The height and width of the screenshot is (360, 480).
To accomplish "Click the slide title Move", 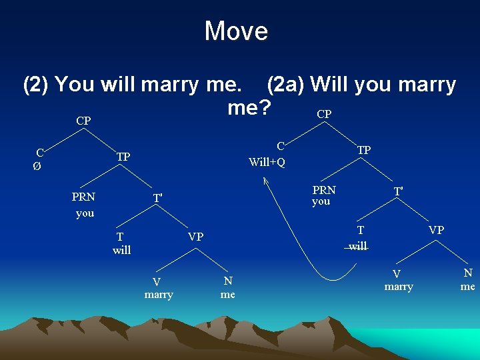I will [x=236, y=31].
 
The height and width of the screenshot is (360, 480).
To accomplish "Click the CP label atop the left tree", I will [x=83, y=121].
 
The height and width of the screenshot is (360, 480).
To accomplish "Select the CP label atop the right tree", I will [x=324, y=114].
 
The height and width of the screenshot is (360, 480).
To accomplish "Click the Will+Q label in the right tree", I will [x=267, y=162].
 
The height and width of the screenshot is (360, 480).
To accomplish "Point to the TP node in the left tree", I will [x=123, y=157].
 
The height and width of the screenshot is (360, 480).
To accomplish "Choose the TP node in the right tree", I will [x=364, y=150].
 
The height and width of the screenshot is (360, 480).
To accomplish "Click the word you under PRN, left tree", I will [x=85, y=213].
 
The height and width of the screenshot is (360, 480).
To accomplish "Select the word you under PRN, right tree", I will [x=321, y=201].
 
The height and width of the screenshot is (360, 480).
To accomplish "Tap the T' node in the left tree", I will [x=157, y=198].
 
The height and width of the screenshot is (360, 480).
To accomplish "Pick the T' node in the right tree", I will [x=398, y=191].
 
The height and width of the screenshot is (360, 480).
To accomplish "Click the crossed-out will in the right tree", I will [x=358, y=246].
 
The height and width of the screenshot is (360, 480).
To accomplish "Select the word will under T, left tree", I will [x=122, y=251].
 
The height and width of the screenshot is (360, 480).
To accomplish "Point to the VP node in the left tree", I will [x=196, y=237].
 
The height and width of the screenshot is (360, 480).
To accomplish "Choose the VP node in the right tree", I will [x=436, y=229].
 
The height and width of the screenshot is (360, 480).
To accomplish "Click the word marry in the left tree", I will [x=159, y=295].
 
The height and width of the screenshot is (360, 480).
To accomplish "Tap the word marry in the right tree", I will [x=399, y=287].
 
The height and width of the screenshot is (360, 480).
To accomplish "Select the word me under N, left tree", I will [x=228, y=294].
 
